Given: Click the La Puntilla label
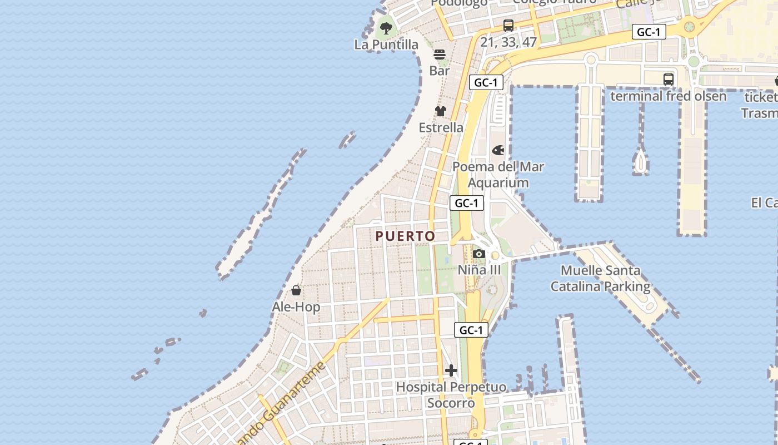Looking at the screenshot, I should [x=386, y=44].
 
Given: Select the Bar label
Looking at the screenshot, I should [x=440, y=71].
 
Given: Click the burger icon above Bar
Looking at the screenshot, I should [x=440, y=54].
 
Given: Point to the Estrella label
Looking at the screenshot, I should [x=441, y=127].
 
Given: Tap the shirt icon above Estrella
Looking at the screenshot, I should [x=441, y=111].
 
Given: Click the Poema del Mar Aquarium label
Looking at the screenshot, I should [x=498, y=174].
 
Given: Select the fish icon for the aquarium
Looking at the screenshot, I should [x=498, y=150].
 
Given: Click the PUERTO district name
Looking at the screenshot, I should [x=405, y=236].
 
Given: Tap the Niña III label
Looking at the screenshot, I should [x=479, y=270].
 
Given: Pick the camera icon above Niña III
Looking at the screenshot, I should [x=479, y=254].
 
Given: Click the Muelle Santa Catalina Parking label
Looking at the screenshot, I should [x=600, y=279].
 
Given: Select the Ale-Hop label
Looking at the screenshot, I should [x=296, y=307].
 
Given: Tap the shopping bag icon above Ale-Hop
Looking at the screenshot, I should [x=296, y=290].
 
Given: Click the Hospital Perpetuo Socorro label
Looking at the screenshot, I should [x=451, y=394].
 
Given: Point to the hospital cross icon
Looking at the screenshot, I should [x=451, y=370].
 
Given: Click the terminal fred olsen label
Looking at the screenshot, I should [x=668, y=96].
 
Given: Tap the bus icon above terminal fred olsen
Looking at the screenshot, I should [x=669, y=80].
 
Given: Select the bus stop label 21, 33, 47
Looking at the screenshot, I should [x=508, y=42].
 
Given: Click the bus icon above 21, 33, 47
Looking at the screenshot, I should [x=508, y=25].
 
